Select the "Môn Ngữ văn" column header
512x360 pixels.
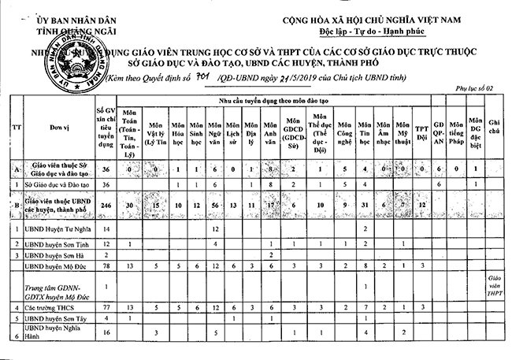click(x=215, y=130)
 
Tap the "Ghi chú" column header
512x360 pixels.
click(x=495, y=125)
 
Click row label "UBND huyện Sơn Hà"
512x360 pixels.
click(x=50, y=254)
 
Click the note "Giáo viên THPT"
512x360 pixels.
click(x=495, y=287)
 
